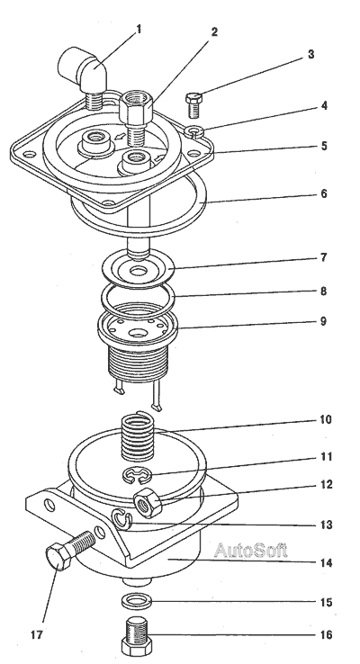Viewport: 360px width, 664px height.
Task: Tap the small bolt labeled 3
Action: click(194, 105)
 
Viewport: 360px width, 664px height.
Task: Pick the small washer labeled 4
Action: click(195, 131)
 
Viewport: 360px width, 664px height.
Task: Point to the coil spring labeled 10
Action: click(138, 437)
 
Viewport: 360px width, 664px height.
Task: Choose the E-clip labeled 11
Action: click(137, 475)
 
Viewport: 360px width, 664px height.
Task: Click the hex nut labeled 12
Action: click(148, 502)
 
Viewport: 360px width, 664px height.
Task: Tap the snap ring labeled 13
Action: click(122, 520)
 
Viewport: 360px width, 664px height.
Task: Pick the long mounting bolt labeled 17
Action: click(70, 549)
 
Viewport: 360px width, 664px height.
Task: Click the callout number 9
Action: click(323, 321)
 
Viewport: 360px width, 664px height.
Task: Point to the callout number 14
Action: click(326, 563)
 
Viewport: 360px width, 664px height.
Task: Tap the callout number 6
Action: click(323, 193)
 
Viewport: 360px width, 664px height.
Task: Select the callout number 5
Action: click(323, 146)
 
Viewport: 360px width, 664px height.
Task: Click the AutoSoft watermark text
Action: click(251, 550)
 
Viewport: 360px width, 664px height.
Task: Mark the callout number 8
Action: click(323, 291)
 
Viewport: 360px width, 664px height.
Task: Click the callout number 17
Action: click(37, 635)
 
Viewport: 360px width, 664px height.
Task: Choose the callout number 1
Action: click(139, 29)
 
